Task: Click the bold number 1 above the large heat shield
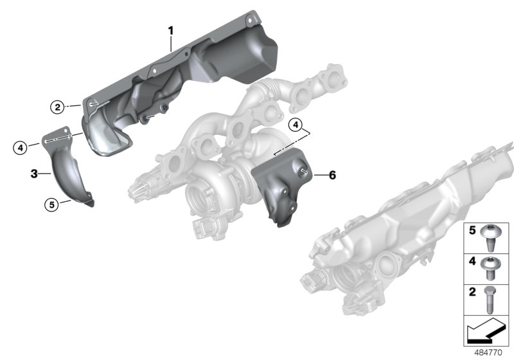coord(171,30)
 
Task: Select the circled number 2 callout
coord(57,107)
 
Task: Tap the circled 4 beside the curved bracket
coord(21,148)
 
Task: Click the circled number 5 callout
coord(51,204)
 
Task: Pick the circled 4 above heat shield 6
coord(295,124)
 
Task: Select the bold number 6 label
coord(332,175)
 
